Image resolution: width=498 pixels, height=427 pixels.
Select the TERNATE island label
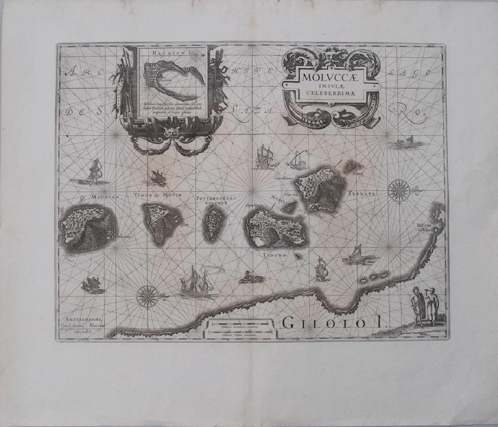[362, 194]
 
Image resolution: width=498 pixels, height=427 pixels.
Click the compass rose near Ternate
[399, 190]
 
